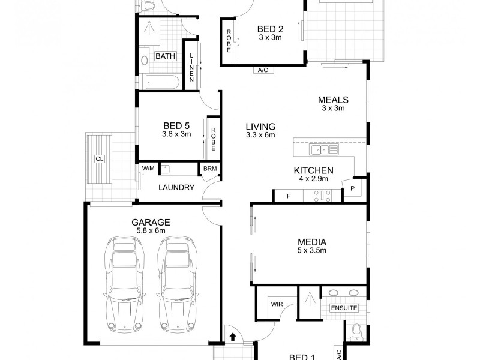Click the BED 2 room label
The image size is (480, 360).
(270, 28)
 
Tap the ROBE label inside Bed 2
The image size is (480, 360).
(229, 41)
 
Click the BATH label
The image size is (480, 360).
(165, 56)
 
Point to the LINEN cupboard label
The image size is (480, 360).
(191, 65)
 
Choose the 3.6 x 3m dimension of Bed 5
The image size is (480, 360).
(176, 134)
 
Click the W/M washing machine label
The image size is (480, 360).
(148, 169)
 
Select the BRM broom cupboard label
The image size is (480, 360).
(209, 169)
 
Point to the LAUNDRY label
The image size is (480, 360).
(176, 187)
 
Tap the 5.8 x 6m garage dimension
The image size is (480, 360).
(151, 230)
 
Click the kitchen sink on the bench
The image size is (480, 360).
(323, 149)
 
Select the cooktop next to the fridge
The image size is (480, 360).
(323, 195)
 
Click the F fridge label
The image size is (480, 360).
(288, 196)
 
